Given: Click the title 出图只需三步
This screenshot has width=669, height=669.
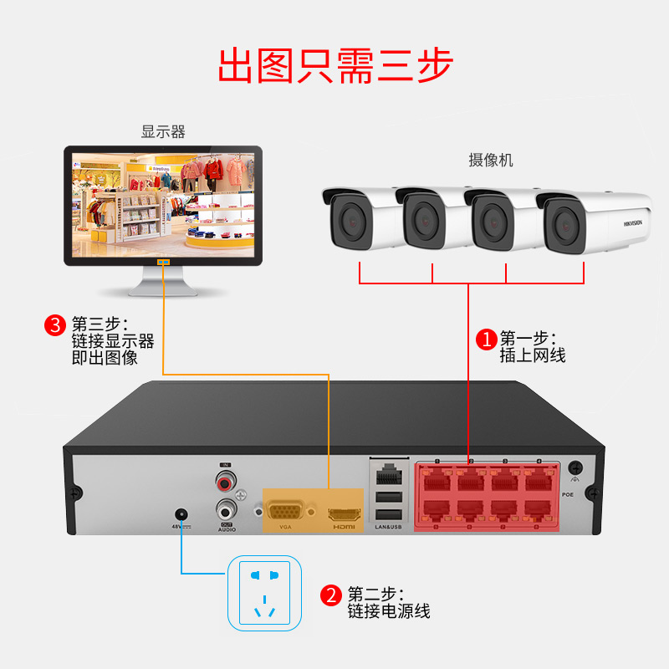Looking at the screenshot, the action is (x=334, y=64).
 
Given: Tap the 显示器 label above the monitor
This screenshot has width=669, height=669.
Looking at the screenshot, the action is (x=163, y=132).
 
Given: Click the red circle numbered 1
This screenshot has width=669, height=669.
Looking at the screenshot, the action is (x=486, y=339).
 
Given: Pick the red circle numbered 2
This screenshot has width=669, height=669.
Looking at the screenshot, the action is (x=332, y=595).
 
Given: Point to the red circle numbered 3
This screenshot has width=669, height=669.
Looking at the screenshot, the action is (x=55, y=324).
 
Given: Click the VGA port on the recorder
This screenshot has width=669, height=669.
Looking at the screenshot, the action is (x=284, y=509).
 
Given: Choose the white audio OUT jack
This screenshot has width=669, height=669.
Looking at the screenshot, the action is (x=224, y=508).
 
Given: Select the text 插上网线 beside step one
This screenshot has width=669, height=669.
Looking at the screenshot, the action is (x=533, y=355).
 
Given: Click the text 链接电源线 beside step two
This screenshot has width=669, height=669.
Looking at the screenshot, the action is (x=389, y=611).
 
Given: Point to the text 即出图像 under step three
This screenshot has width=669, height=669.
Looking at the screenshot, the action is (x=105, y=358).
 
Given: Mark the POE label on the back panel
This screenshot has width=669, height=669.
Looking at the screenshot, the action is (x=568, y=494).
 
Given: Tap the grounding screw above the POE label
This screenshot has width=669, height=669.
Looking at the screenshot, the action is (x=575, y=468).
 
